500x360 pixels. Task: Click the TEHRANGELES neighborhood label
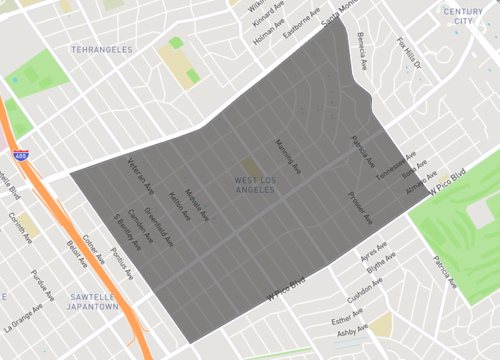103,48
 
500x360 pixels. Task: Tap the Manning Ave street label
287,156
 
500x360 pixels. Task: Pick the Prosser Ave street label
360,207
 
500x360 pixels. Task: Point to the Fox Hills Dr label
410,56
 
